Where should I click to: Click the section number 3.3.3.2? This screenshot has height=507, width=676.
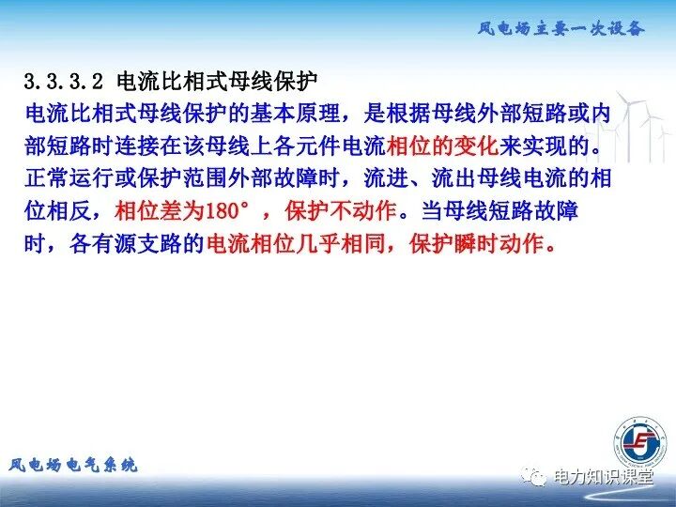(x=64, y=80)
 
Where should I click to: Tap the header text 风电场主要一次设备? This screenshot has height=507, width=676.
(x=561, y=28)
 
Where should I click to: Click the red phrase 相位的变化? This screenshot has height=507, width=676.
(x=441, y=146)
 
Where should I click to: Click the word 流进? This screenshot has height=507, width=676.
(x=385, y=179)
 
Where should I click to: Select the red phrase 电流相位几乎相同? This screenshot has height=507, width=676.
(x=306, y=244)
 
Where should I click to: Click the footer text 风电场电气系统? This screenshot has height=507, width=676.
(x=73, y=465)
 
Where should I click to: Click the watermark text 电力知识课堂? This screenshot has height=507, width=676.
(x=602, y=477)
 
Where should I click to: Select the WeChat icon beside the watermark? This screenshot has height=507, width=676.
(x=535, y=478)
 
